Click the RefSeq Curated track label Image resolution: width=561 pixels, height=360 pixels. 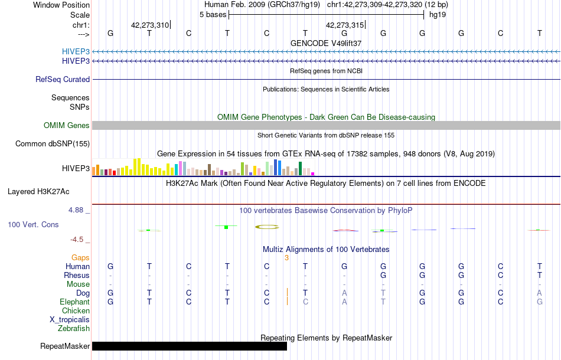pyautogui.click(x=63, y=79)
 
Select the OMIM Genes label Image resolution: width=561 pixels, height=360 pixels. pyautogui.click(x=67, y=125)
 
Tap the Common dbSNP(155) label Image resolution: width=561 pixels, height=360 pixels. pyautogui.click(x=53, y=143)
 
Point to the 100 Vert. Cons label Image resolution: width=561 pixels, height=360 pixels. pyautogui.click(x=33, y=225)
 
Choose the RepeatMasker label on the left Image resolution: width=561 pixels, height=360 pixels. pyautogui.click(x=65, y=346)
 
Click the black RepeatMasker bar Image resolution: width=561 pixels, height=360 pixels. pyautogui.click(x=189, y=346)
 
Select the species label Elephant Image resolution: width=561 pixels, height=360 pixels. pyautogui.click(x=75, y=302)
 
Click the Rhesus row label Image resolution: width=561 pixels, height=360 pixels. pyautogui.click(x=77, y=275)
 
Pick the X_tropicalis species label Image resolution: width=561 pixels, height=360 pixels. pyautogui.click(x=70, y=319)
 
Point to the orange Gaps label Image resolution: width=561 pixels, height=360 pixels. pyautogui.click(x=80, y=257)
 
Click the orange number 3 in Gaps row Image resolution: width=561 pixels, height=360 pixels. pyautogui.click(x=286, y=257)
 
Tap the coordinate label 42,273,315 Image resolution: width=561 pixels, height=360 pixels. pyautogui.click(x=345, y=25)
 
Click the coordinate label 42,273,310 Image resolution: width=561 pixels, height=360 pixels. pyautogui.click(x=150, y=25)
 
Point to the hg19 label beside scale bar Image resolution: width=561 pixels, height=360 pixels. pyautogui.click(x=437, y=15)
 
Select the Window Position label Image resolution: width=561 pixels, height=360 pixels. pyautogui.click(x=61, y=5)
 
